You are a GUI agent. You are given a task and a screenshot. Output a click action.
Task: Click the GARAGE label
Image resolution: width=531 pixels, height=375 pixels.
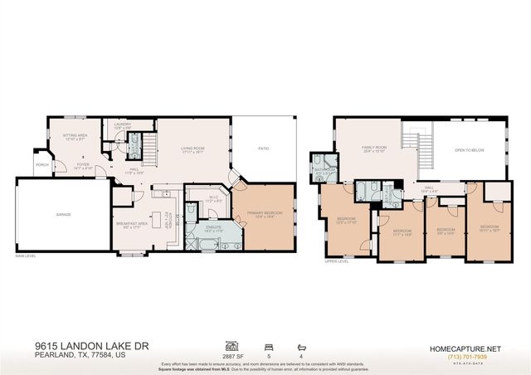(x=63, y=213)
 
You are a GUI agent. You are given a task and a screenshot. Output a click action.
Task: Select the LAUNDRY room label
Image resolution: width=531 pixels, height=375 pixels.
(x=122, y=124)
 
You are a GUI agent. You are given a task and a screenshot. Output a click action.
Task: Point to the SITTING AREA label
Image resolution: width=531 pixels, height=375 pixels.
(x=76, y=135)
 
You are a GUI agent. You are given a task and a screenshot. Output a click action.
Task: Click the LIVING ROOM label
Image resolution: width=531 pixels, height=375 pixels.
(x=192, y=149)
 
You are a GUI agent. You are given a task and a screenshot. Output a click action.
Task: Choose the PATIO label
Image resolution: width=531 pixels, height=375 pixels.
(x=264, y=149)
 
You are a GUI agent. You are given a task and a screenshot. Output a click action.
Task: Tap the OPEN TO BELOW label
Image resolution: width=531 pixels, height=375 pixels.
(x=470, y=150)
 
